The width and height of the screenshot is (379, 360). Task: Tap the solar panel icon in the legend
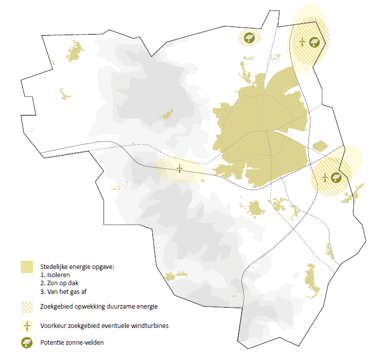(x=27, y=343)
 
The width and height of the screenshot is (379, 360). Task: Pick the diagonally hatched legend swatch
(x=27, y=306)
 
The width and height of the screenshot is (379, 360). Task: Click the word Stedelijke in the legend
(x=53, y=266)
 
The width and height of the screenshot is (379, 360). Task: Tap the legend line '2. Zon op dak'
(x=59, y=283)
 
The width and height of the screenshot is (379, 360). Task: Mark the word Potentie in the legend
(x=51, y=343)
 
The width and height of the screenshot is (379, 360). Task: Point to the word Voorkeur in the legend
(x=52, y=326)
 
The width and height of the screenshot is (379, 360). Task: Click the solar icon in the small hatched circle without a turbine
(x=249, y=38)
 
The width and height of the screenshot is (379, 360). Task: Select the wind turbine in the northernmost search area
(x=302, y=41)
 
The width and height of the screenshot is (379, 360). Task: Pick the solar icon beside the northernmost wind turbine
(x=315, y=41)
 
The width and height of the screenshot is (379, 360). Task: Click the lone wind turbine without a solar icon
(x=179, y=169)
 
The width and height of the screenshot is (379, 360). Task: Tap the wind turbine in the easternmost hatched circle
(x=326, y=177)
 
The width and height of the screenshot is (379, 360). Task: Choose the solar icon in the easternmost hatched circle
(x=335, y=177)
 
